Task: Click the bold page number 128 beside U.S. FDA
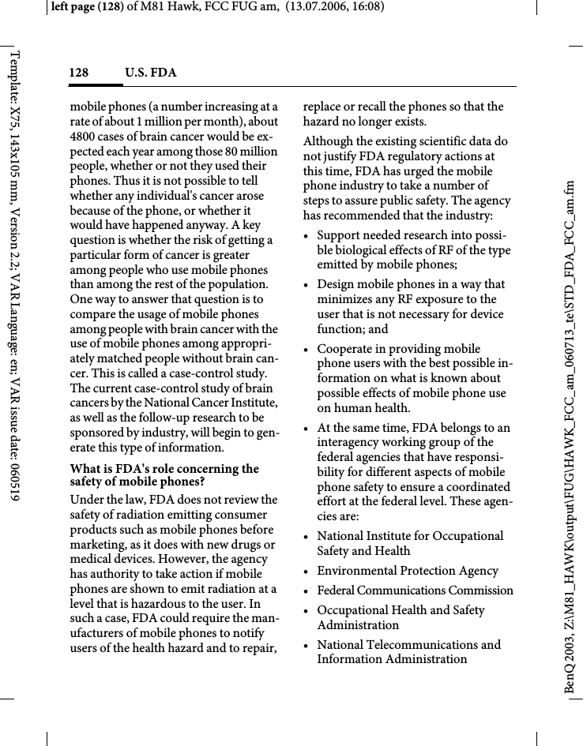[x=78, y=73]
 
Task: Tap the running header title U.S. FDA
[x=150, y=73]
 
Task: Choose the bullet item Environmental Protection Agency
[x=408, y=571]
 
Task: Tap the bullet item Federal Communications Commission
[x=415, y=590]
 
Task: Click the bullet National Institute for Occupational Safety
[x=410, y=536]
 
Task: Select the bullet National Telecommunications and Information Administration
[x=408, y=652]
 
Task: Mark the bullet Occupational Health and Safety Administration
[x=401, y=617]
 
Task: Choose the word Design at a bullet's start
[x=335, y=284]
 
